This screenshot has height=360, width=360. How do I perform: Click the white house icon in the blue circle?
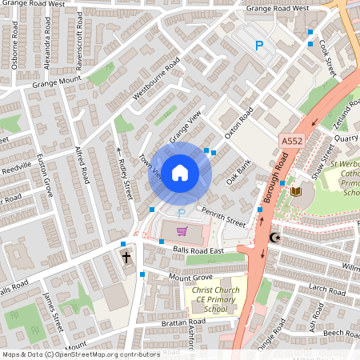(180, 173)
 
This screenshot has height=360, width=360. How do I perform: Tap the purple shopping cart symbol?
(182, 232)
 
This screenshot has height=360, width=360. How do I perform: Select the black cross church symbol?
(126, 258)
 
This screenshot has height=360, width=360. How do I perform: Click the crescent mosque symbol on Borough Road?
(275, 238)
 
